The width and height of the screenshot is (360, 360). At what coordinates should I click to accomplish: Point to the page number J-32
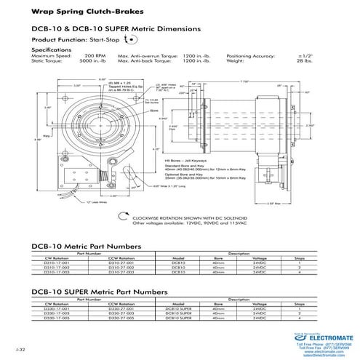pyautogui.click(x=19, y=351)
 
